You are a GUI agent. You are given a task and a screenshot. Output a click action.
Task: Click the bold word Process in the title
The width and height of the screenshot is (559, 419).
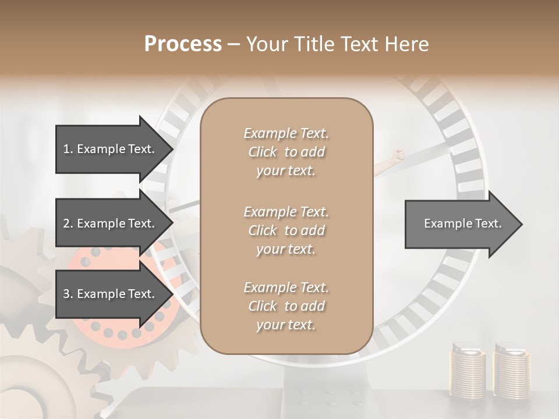(x=183, y=44)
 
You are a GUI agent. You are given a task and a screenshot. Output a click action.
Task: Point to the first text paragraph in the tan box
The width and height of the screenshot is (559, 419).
(x=286, y=152)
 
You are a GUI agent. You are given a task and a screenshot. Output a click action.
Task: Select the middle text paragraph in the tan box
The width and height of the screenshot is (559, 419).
(x=286, y=230)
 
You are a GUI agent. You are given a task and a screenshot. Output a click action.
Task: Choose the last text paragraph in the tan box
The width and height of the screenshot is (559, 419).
(x=286, y=306)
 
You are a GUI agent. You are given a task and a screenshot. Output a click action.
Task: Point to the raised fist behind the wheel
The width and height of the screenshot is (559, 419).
(x=398, y=155)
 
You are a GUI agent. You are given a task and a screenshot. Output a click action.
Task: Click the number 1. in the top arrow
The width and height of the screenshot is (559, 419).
(x=68, y=149)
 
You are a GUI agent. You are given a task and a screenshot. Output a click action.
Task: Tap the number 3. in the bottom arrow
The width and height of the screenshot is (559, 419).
(x=68, y=294)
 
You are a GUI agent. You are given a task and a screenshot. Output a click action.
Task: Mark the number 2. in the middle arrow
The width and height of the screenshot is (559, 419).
(x=68, y=223)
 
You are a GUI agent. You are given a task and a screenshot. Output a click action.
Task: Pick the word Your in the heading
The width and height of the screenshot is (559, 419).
(x=265, y=44)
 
